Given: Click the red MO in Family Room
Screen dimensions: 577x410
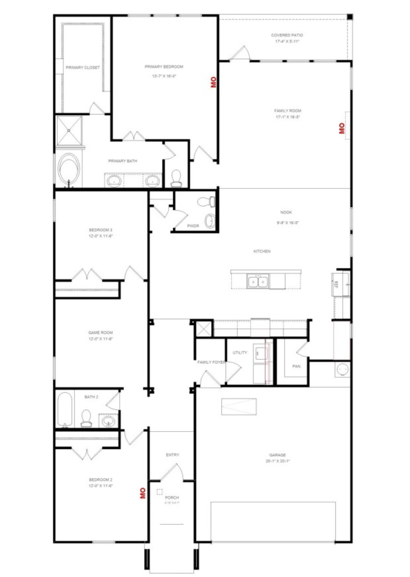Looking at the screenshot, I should [x=342, y=128].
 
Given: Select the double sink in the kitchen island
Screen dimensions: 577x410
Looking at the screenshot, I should [x=258, y=281].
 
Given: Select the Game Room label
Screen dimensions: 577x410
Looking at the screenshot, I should [x=100, y=332].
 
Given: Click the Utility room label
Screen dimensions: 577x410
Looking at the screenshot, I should [x=240, y=353].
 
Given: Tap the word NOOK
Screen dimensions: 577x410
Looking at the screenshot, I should [x=286, y=212].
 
